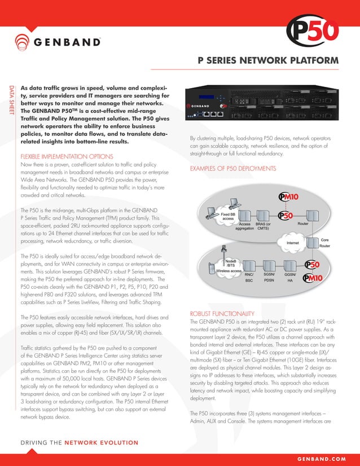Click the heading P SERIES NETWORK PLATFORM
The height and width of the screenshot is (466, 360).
[267, 60]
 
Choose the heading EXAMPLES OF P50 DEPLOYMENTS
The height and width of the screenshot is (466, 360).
[232, 169]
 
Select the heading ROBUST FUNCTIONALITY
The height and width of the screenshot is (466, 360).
[221, 314]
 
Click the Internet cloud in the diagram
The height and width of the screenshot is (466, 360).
[293, 243]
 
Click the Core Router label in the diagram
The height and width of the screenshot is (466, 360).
[324, 243]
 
